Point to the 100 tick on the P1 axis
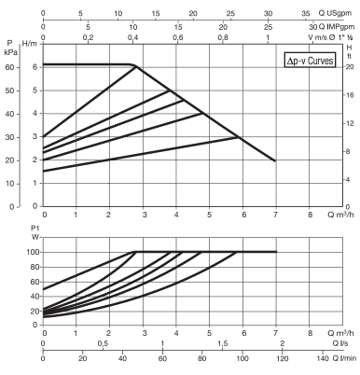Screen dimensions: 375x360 [x=32, y=252]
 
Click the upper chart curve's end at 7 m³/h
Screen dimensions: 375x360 [x=275, y=160]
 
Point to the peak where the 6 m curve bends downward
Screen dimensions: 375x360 [x=135, y=65]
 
